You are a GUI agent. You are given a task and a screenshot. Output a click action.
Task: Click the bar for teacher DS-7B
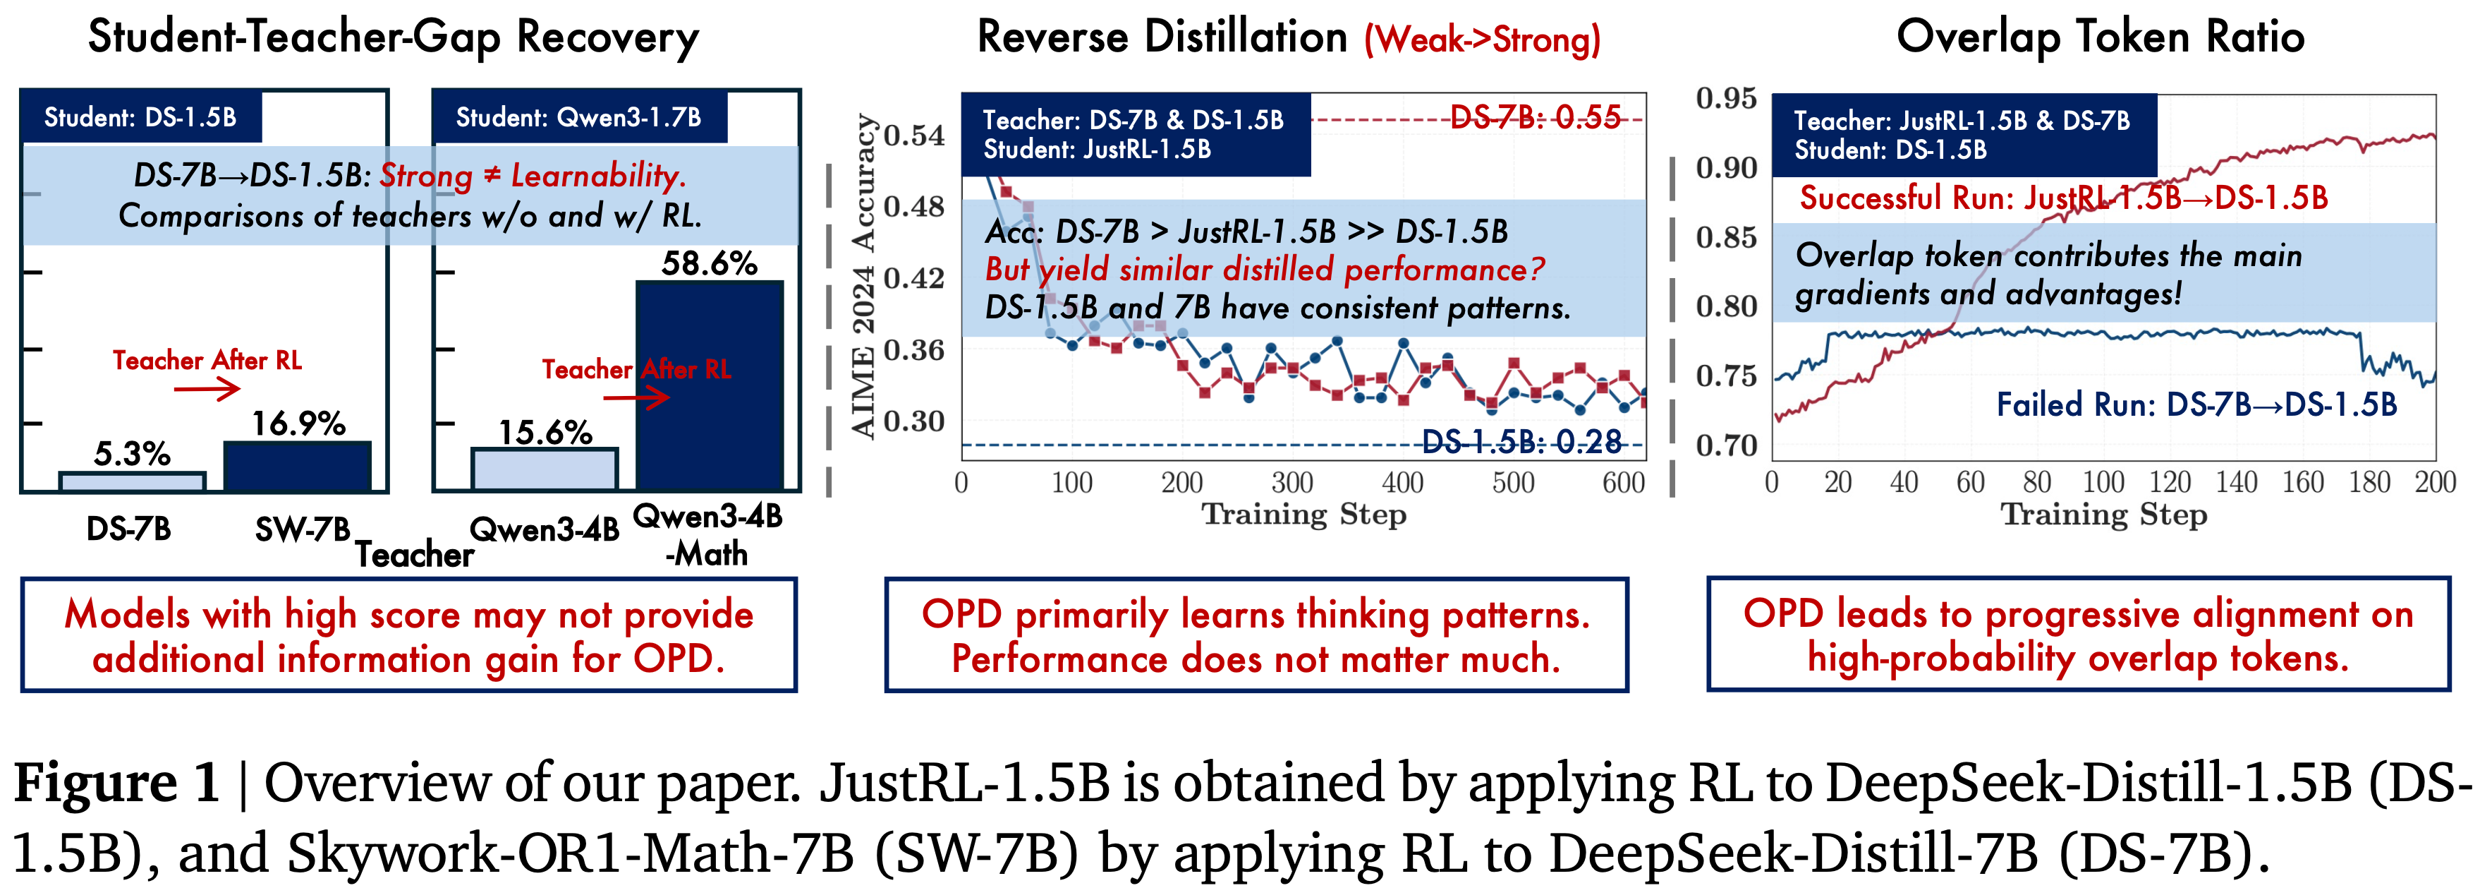pos(132,481)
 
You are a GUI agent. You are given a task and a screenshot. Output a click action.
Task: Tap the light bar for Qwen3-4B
pos(544,469)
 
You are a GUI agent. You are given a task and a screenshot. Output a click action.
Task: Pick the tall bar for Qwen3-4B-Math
pos(710,385)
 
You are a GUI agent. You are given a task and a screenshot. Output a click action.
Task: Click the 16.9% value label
pos(298,424)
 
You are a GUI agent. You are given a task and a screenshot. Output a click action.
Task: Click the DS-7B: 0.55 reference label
pos(1535,117)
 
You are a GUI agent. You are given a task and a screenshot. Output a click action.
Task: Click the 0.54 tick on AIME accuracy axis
pos(915,136)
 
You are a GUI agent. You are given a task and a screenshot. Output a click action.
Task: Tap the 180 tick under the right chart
pos(2369,483)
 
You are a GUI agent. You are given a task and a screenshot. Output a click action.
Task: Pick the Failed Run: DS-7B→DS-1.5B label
pos(2196,404)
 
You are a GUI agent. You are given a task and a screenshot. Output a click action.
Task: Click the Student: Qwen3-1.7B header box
pos(578,117)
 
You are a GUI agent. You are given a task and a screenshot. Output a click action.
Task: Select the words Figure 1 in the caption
pos(116,782)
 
